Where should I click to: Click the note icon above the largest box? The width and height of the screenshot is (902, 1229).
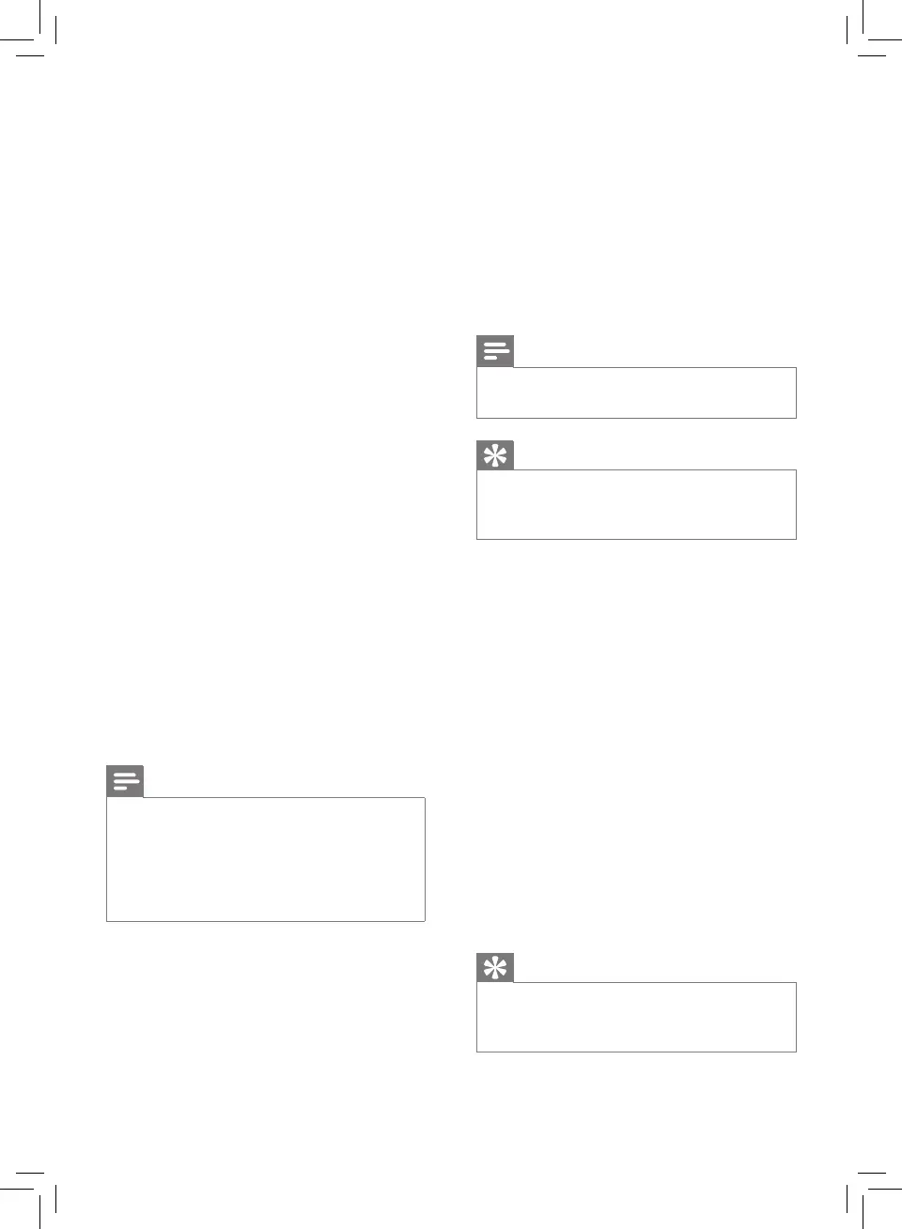[x=125, y=781]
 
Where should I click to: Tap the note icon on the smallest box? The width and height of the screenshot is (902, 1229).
[x=495, y=351]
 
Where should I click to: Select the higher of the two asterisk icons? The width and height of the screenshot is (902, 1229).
[x=495, y=454]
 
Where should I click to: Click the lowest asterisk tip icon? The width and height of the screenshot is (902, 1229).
[x=495, y=967]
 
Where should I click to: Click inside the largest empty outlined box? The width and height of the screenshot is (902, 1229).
[x=266, y=859]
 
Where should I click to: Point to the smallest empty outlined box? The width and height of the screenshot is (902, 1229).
[x=636, y=392]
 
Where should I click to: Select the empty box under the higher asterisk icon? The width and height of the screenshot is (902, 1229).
[x=636, y=504]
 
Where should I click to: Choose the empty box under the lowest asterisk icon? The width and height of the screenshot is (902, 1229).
[x=636, y=1017]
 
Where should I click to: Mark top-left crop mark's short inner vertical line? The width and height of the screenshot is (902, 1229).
[x=56, y=30]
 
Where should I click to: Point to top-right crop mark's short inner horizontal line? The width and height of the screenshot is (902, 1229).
[x=873, y=55]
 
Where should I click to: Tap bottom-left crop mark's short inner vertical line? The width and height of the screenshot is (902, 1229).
[x=56, y=1200]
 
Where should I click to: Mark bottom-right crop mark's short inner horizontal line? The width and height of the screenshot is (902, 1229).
[x=873, y=1173]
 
